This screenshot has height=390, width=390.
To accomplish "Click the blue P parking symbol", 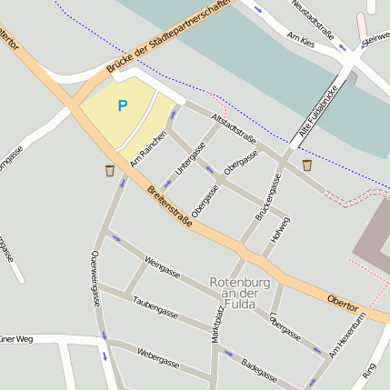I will [122, 105].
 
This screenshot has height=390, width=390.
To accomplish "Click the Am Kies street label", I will [299, 37].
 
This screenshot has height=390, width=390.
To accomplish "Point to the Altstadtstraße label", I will [233, 128].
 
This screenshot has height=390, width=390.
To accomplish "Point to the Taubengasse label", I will [154, 305].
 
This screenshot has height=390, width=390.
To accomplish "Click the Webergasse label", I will [157, 356].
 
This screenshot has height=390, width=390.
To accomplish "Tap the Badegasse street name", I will [259, 367].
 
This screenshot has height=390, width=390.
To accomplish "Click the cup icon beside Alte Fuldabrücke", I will [307, 165].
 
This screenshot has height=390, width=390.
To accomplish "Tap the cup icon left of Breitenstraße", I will [110, 170].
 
